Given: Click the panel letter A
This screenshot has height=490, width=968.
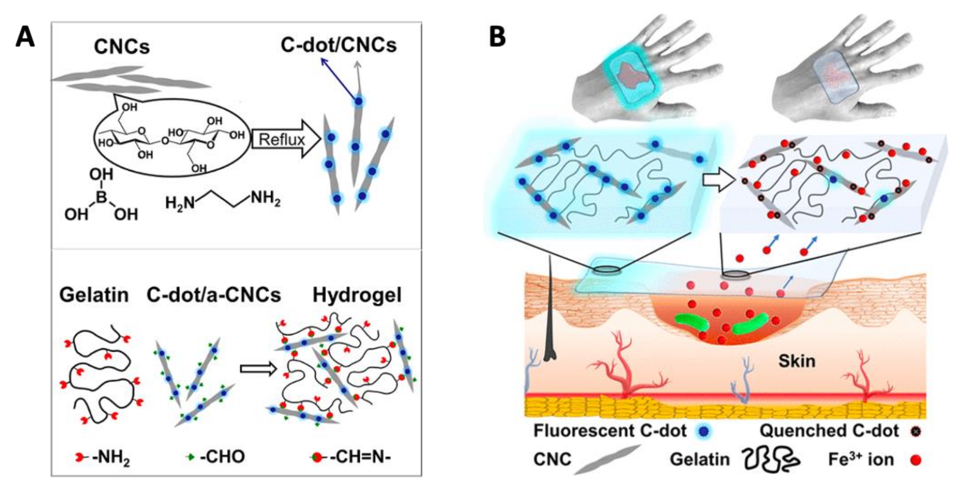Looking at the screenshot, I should pos(25,38).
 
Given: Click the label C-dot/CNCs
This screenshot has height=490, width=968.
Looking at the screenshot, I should pos(338,46).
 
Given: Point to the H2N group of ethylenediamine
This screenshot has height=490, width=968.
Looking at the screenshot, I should pos(180,203).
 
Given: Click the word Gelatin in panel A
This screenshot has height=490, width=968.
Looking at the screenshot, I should pos(94,295).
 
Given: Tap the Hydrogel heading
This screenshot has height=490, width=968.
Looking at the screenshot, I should pos(357,295).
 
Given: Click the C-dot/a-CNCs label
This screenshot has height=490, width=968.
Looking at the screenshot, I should pos(213,295).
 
